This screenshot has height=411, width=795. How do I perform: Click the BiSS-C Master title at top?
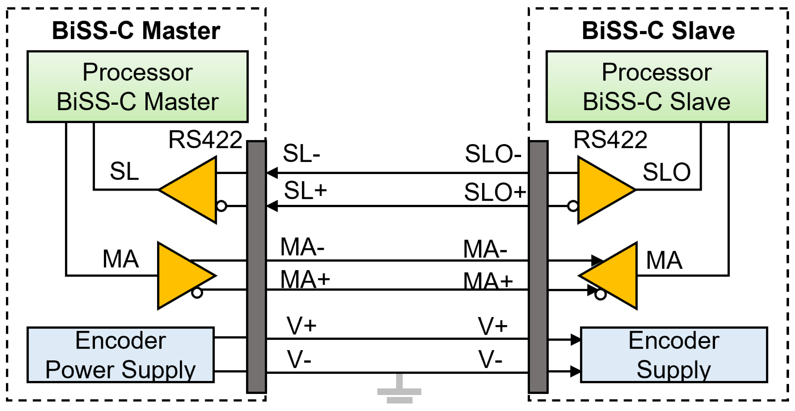136,31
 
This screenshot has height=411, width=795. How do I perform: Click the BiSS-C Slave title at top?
658,31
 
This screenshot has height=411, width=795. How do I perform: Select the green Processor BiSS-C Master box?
137,87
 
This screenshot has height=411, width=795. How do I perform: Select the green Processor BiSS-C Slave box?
657,87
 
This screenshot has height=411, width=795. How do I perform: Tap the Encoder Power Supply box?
120,355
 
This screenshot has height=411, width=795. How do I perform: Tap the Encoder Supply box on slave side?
674,355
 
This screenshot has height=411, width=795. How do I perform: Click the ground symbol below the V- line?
399,390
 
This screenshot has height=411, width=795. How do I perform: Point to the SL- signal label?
301,153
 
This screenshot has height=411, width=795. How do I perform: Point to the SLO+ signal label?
495,192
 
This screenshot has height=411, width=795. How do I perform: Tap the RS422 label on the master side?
205,140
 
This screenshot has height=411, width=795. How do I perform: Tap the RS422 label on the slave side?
610,140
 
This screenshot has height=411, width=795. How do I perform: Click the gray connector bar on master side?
256,267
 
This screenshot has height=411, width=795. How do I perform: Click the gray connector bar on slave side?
538,267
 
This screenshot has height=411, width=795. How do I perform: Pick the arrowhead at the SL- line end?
272,173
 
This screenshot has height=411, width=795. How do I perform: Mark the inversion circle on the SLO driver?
573,206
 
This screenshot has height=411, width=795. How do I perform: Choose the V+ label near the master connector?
301,326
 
